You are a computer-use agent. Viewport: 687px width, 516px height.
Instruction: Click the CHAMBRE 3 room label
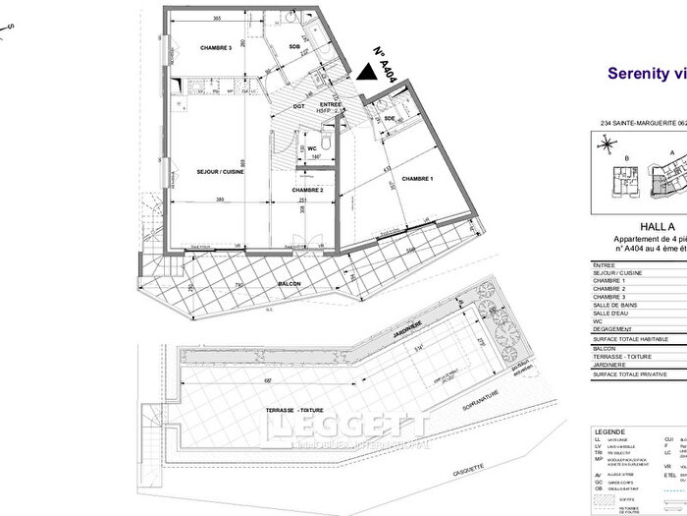point(215,48)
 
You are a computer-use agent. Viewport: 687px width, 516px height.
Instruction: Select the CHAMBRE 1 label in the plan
point(416,178)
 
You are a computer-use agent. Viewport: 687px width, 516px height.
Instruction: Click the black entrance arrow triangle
point(366,70)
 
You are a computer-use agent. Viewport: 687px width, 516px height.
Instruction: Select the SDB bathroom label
point(293,47)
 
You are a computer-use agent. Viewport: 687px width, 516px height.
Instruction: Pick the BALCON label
point(289,283)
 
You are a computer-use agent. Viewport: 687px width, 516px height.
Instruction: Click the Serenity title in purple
point(638,73)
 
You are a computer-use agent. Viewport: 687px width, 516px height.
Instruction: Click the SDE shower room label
point(390,119)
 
